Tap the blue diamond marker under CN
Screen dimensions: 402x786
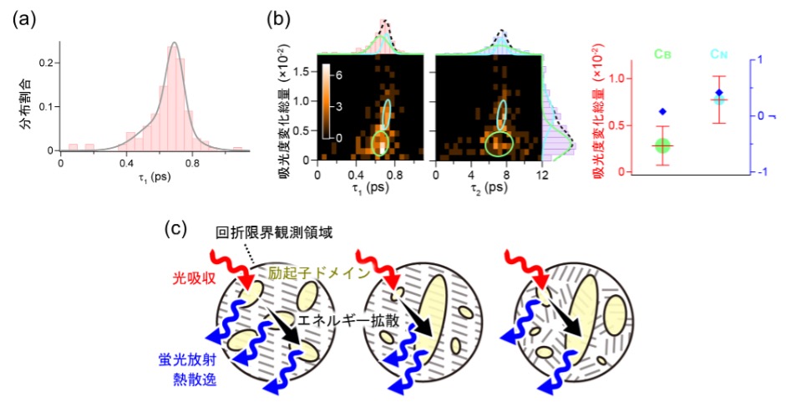point(719,93)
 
